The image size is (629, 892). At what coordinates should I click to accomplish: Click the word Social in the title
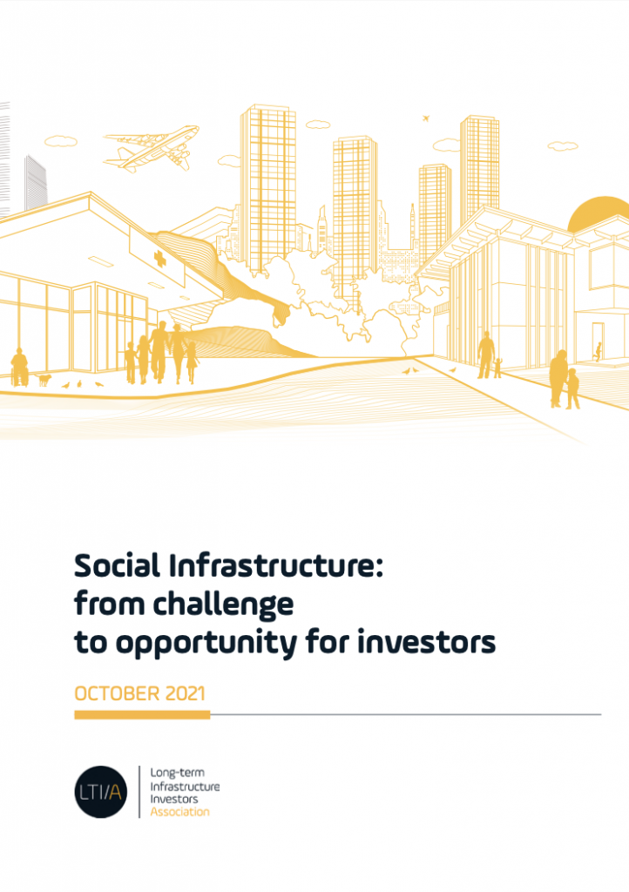pyautogui.click(x=117, y=566)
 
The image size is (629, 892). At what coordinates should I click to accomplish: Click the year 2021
pyautogui.click(x=186, y=693)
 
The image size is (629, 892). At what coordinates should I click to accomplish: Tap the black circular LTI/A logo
pyautogui.click(x=101, y=792)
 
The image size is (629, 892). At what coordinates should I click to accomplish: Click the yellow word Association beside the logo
pyautogui.click(x=179, y=812)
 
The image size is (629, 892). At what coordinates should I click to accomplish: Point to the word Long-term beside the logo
pyautogui.click(x=178, y=774)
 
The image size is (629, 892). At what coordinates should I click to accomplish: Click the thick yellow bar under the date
pyautogui.click(x=142, y=714)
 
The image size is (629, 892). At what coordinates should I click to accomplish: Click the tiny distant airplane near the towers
pyautogui.click(x=426, y=118)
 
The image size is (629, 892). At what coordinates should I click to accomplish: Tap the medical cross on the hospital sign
pyautogui.click(x=159, y=260)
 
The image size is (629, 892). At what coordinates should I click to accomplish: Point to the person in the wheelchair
pyautogui.click(x=20, y=368)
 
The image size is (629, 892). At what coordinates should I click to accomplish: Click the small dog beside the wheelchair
pyautogui.click(x=44, y=379)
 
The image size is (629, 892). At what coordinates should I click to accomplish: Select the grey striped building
pyautogui.click(x=35, y=183)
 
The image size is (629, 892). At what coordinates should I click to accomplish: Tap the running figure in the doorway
pyautogui.click(x=599, y=352)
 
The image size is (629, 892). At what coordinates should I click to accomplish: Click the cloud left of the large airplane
pyautogui.click(x=61, y=141)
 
